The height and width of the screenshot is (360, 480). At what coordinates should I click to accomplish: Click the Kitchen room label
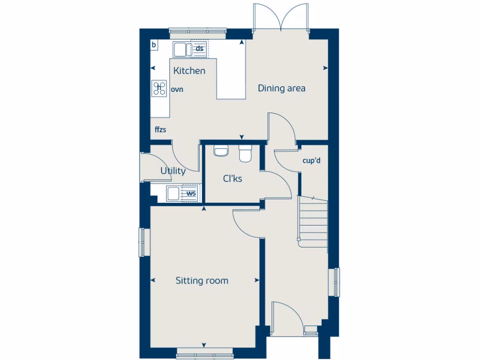click(189, 71)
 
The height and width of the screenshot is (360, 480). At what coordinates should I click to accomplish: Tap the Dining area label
click(282, 88)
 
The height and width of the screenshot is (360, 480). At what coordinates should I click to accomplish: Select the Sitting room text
click(202, 281)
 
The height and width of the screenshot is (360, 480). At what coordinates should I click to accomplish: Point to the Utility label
click(173, 171)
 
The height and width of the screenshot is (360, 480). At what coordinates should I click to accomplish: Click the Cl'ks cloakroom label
click(232, 178)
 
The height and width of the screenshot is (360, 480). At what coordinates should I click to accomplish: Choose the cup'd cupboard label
click(311, 160)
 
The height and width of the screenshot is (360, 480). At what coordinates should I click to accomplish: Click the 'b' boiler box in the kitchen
click(154, 45)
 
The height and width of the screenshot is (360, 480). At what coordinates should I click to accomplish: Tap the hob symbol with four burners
click(159, 88)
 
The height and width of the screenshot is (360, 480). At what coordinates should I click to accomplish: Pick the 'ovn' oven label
click(177, 89)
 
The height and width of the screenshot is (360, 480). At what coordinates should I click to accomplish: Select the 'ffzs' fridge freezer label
click(161, 129)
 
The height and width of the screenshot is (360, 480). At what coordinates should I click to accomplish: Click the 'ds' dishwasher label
click(200, 49)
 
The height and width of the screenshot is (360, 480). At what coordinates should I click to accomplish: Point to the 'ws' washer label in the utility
click(191, 193)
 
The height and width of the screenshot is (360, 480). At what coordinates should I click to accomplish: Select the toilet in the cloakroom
click(246, 154)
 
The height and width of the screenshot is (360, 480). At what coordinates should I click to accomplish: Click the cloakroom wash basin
click(220, 150)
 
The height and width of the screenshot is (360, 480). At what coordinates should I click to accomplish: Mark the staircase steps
click(314, 220)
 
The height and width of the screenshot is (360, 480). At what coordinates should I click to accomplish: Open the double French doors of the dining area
click(280, 16)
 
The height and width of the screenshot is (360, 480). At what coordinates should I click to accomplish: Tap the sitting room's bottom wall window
click(204, 355)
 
